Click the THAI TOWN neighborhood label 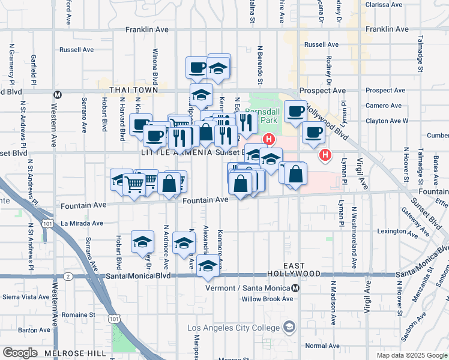tap(133, 90)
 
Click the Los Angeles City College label tap(235, 328)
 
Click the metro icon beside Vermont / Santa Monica tap(303, 287)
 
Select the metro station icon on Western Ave tap(58, 94)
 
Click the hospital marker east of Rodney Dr tap(325, 155)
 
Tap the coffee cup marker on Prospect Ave tap(295, 112)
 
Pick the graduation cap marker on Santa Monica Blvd tap(208, 266)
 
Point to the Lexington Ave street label tap(396, 231)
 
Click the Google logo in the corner tap(20, 353)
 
